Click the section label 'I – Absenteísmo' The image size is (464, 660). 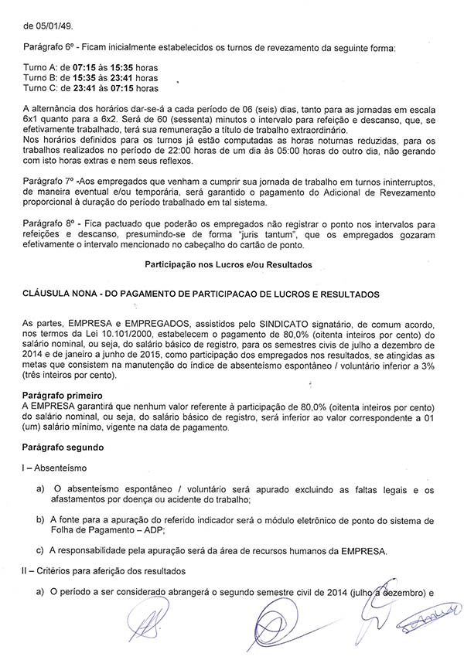[x=56, y=468]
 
